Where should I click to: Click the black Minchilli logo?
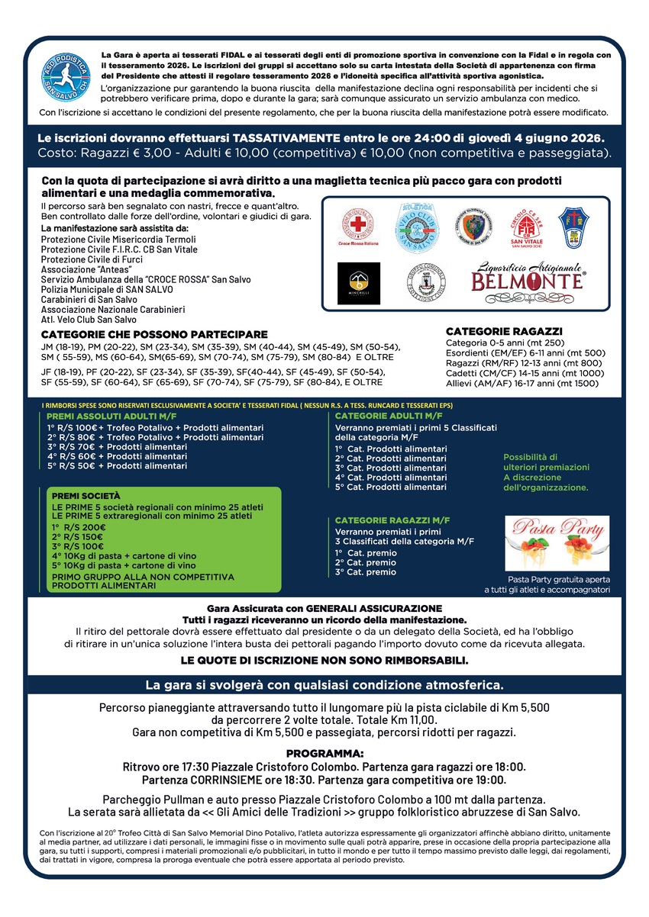coord(359,282)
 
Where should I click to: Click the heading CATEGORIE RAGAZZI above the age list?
coord(504,332)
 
